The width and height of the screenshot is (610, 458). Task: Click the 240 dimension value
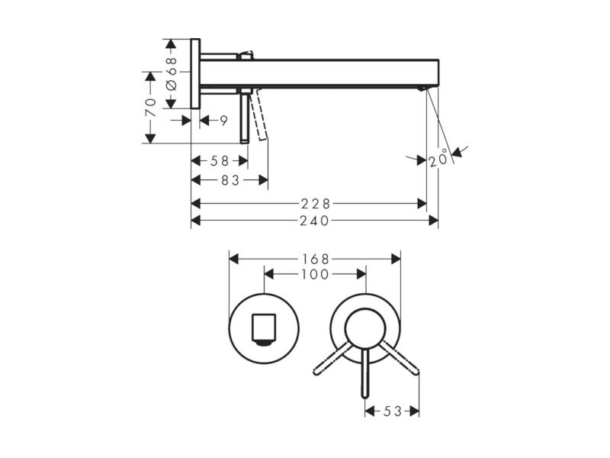pos(314,221)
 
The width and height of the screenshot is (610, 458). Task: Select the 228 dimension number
pos(316,204)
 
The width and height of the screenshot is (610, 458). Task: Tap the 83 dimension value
pos(230,180)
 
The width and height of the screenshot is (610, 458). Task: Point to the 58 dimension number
pos(220,160)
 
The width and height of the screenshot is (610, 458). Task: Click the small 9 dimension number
pos(223,121)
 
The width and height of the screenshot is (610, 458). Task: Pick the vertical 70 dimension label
pos(150,108)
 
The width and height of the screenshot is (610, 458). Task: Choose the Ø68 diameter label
pos(172,74)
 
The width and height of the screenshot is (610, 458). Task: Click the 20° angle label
pos(439,160)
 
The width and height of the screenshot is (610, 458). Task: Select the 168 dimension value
pos(315,259)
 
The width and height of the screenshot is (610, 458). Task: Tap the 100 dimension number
pos(315,275)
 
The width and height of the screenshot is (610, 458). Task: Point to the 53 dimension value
pos(392,411)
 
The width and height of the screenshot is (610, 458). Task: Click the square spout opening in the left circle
pos(264,329)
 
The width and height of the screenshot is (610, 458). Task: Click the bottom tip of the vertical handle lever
pos(365,396)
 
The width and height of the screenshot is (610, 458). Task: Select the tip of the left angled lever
pos(316,373)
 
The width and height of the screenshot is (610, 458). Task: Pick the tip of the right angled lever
pos(416,372)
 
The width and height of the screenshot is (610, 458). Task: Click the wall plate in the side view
pos(195,73)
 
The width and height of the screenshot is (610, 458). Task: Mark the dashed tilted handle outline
pos(259,115)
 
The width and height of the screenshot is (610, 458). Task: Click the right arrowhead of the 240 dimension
pos(433,221)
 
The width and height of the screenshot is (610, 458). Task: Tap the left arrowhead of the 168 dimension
pos(234,259)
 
